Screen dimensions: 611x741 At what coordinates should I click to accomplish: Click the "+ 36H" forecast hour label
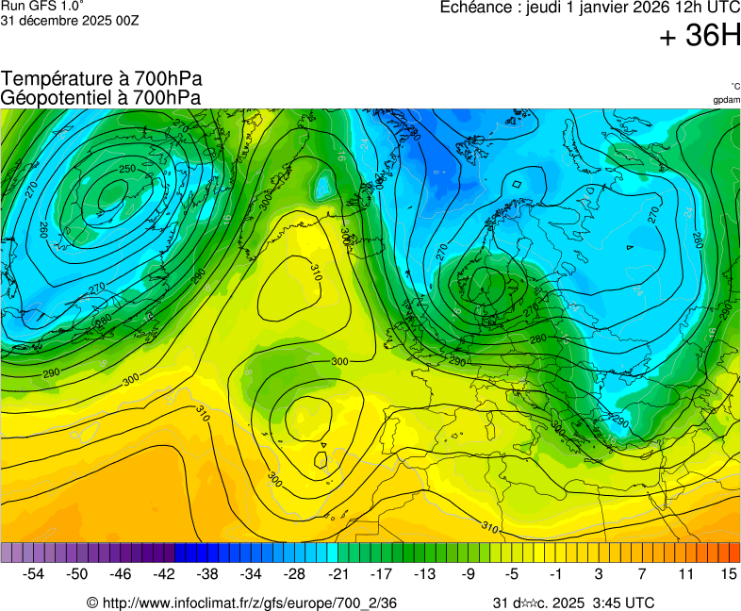(x=700, y=37)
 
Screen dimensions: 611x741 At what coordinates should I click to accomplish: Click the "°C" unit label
(x=734, y=87)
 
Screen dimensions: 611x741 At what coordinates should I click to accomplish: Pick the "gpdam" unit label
(x=726, y=100)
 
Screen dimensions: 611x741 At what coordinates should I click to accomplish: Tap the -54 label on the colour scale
(x=34, y=573)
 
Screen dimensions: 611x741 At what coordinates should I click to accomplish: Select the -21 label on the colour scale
(x=338, y=573)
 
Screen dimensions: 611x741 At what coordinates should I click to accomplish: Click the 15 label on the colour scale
(x=728, y=573)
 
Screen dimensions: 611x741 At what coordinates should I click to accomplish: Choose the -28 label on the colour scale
(x=294, y=573)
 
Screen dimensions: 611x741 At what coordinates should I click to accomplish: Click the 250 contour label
(x=126, y=169)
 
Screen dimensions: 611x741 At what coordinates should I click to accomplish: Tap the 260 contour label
(x=43, y=229)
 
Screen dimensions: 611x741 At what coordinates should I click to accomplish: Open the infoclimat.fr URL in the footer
(x=241, y=603)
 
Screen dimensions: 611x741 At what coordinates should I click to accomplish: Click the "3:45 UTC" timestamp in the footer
(x=622, y=603)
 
